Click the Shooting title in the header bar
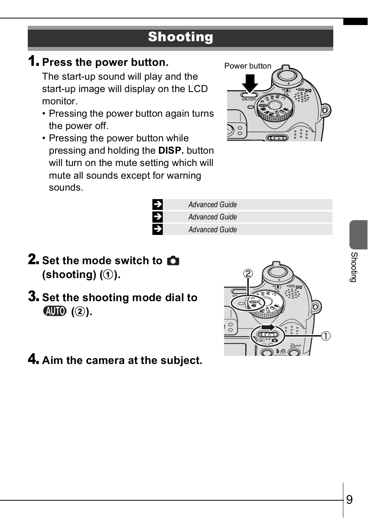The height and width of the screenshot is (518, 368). click(180, 37)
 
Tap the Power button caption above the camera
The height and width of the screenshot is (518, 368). click(248, 66)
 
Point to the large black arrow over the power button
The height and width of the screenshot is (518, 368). click(250, 82)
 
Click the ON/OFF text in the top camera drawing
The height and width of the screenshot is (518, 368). click(249, 99)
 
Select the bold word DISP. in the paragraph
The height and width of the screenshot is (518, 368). click(171, 151)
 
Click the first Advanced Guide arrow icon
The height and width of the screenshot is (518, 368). click(157, 205)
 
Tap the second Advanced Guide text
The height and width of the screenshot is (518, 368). click(213, 217)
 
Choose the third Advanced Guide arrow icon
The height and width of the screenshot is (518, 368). click(157, 230)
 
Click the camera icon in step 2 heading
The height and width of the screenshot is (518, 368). click(173, 261)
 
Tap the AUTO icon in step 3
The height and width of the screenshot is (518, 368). click(55, 311)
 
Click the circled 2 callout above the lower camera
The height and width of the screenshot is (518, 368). click(248, 274)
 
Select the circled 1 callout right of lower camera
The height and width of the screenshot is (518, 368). click(326, 336)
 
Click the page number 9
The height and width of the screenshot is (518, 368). click(349, 500)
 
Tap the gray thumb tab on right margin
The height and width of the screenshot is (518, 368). click(358, 235)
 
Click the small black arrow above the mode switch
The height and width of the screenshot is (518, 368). click(268, 327)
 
